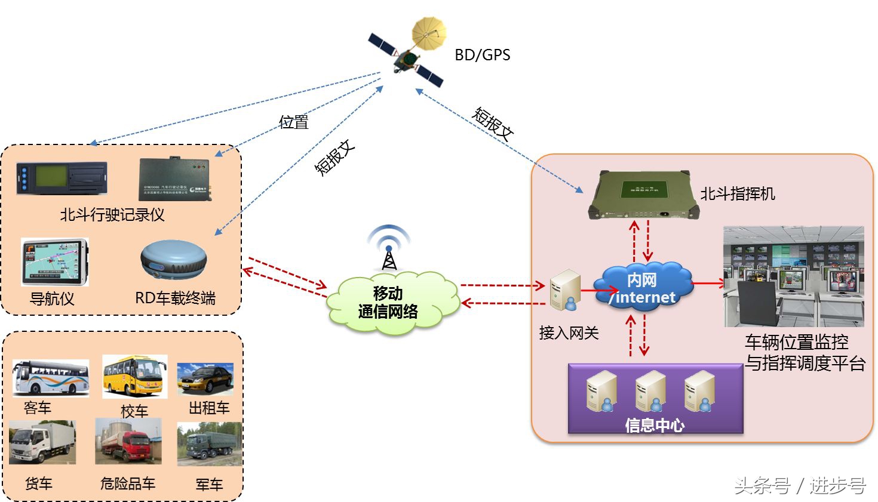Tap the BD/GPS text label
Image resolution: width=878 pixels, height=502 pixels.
[x=482, y=55]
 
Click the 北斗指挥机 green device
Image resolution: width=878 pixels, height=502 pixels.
[x=643, y=195]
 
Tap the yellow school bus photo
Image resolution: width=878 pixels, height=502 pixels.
[x=134, y=377]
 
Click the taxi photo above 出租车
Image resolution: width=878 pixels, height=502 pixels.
[x=205, y=379]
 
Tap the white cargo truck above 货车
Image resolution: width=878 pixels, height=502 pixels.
[x=42, y=443]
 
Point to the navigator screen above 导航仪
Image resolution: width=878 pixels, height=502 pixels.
[x=54, y=262]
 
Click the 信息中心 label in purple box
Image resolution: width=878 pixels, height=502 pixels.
[x=654, y=425]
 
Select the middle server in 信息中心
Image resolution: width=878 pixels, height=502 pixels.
[x=650, y=391]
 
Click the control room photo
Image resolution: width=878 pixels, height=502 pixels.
[x=793, y=276]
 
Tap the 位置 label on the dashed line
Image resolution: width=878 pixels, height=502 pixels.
[x=294, y=122]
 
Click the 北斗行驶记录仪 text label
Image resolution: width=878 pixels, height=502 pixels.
[x=112, y=215]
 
